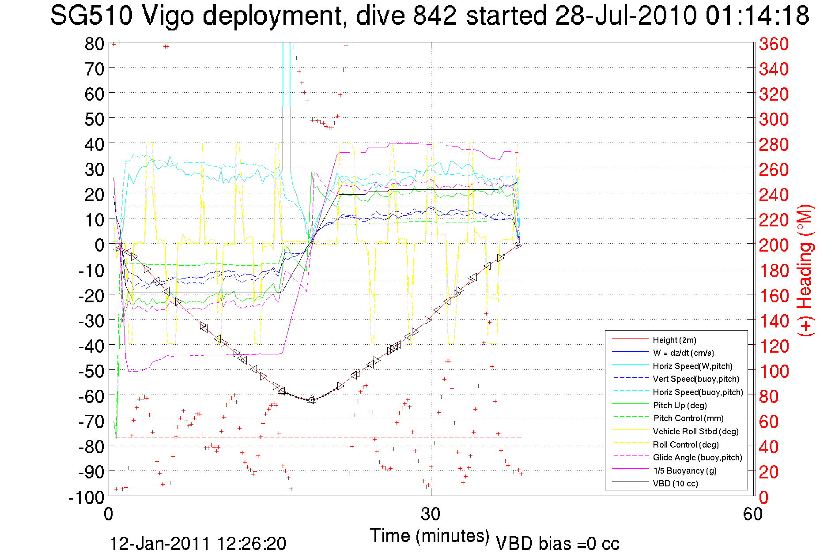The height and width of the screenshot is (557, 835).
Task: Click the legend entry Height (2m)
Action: [674, 340]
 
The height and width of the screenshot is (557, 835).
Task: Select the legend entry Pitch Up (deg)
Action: [680, 405]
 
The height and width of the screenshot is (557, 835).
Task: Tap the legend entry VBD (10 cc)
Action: [675, 483]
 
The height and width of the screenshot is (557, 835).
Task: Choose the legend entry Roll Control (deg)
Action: [685, 444]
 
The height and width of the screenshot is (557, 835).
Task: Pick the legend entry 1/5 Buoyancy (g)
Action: [684, 470]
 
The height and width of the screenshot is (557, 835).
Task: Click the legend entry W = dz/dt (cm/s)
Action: [683, 353]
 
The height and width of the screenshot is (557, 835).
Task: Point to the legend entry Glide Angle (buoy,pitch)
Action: [697, 457]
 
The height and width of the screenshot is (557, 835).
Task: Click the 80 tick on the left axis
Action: [94, 44]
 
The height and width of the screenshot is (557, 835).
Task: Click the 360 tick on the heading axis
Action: [774, 44]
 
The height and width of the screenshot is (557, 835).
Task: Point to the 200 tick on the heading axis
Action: [774, 245]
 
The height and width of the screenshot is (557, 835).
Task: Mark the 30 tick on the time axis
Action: [431, 514]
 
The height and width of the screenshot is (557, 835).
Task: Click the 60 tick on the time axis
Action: [752, 514]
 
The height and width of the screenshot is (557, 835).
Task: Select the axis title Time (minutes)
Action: [430, 535]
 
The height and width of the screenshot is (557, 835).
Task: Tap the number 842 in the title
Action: [435, 15]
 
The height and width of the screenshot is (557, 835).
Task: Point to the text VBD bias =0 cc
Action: [557, 543]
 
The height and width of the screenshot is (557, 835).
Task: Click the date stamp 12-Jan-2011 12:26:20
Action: [198, 543]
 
